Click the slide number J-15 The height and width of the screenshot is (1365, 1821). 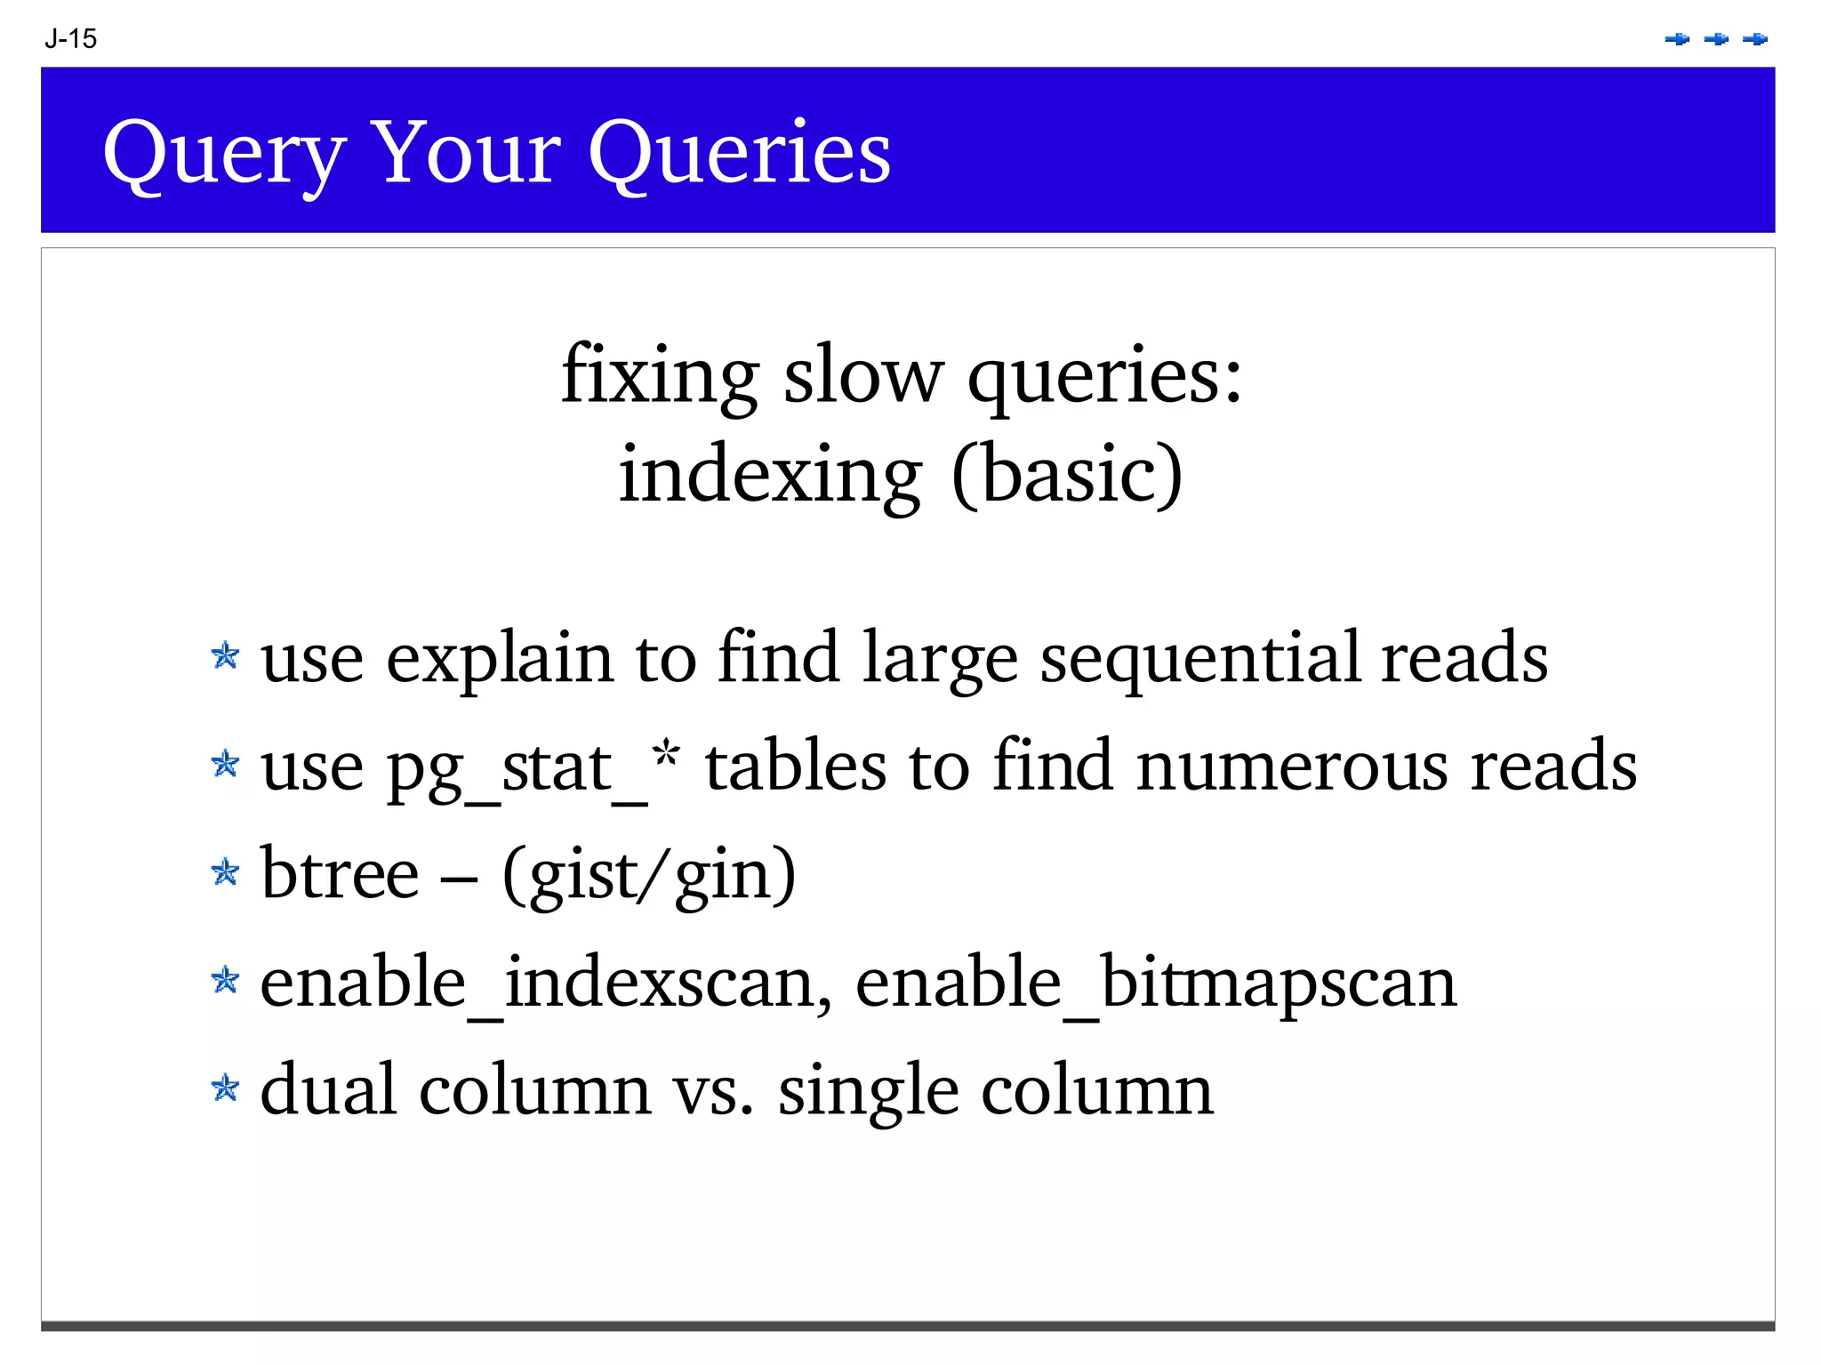70,39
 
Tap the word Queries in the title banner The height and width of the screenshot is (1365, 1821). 739,153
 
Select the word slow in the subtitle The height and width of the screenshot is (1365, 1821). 862,375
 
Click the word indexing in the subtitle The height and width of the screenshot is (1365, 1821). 770,475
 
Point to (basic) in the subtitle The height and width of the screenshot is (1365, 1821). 1066,475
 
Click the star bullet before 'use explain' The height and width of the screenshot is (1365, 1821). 226,656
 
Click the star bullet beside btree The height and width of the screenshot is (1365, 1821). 226,872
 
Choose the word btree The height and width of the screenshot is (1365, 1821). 339,874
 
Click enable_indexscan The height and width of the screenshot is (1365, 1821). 546,984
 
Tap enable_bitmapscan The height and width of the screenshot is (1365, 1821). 1156,984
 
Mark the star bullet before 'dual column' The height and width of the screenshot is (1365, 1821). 226,1088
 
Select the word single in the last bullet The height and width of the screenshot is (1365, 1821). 868,1092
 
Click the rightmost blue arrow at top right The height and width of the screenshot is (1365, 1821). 1755,39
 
